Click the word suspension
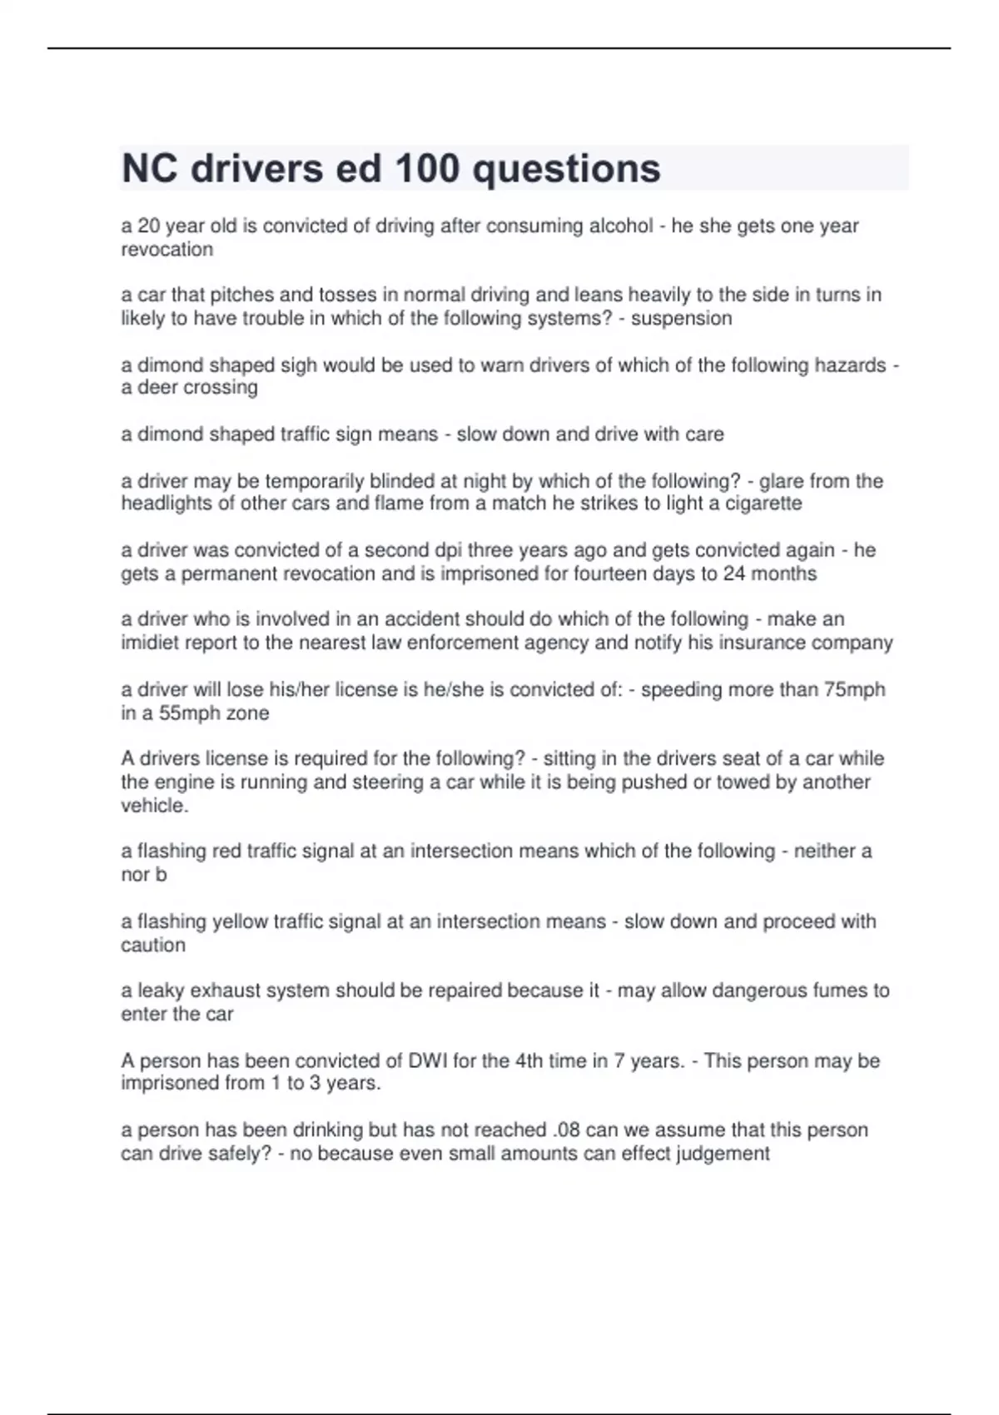tap(681, 318)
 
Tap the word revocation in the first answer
tap(166, 249)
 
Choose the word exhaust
tap(224, 990)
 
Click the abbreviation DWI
tap(428, 1060)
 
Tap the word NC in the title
tap(150, 169)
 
